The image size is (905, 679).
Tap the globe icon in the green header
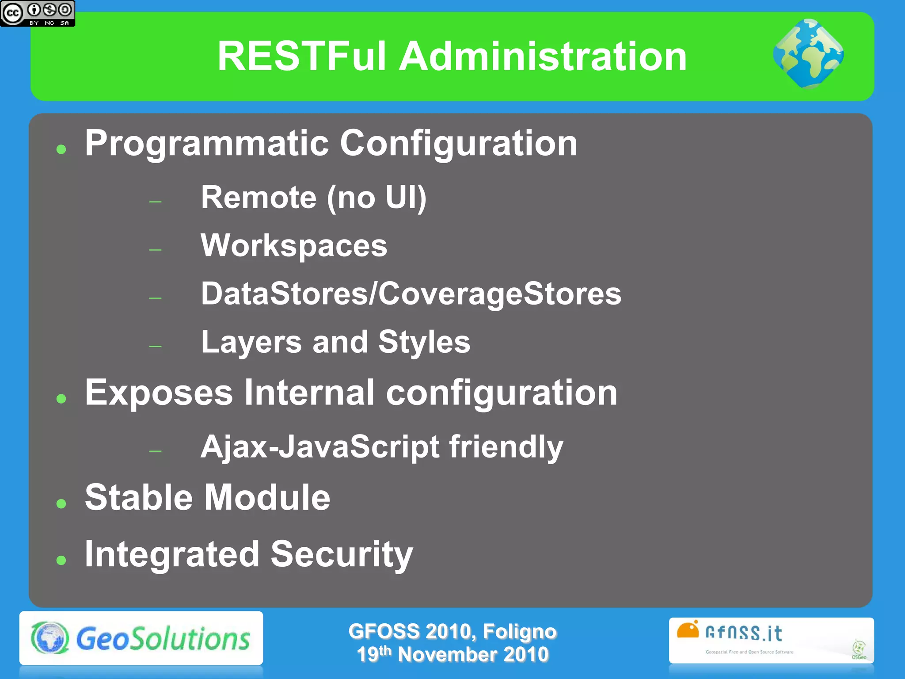tap(808, 53)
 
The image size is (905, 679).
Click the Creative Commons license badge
tap(38, 13)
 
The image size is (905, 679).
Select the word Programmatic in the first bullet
tap(207, 144)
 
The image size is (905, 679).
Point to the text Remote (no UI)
tap(314, 198)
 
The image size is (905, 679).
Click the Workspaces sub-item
tap(294, 246)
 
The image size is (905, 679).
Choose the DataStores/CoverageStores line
tap(411, 294)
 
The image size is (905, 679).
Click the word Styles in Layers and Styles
tap(424, 342)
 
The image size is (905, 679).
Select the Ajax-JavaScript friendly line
tap(382, 447)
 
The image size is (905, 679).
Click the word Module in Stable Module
tap(267, 498)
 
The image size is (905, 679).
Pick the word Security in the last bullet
tap(342, 554)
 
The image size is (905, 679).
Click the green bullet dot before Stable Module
tap(61, 504)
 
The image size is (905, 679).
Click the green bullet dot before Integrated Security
tap(61, 561)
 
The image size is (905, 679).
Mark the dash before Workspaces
tap(155, 250)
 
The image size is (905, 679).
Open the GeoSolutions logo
tap(141, 638)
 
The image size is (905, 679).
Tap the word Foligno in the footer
tap(519, 632)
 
